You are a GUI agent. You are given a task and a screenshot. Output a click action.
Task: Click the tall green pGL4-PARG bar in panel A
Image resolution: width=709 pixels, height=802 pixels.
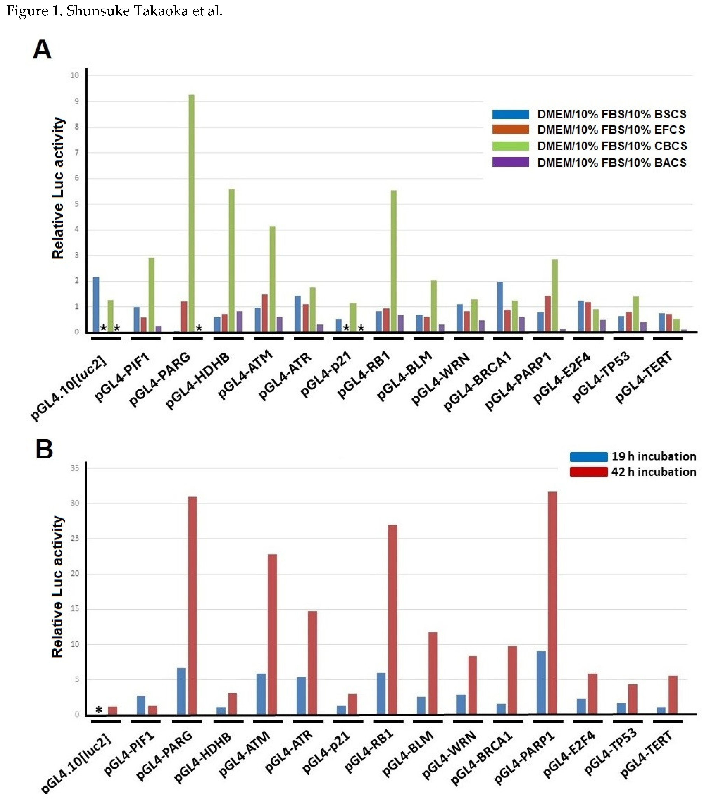(x=192, y=214)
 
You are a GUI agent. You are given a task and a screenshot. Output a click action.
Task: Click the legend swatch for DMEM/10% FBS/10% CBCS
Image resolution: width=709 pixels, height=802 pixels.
(x=510, y=146)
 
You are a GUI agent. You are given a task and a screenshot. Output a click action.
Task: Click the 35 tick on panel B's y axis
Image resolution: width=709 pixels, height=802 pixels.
(x=75, y=468)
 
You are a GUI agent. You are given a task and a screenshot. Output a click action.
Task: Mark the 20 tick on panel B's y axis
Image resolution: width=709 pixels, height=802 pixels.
(x=75, y=574)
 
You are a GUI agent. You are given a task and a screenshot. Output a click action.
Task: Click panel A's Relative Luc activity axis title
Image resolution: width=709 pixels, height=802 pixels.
(x=58, y=188)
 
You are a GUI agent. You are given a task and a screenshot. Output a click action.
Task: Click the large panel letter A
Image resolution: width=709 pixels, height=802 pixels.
(x=42, y=50)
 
